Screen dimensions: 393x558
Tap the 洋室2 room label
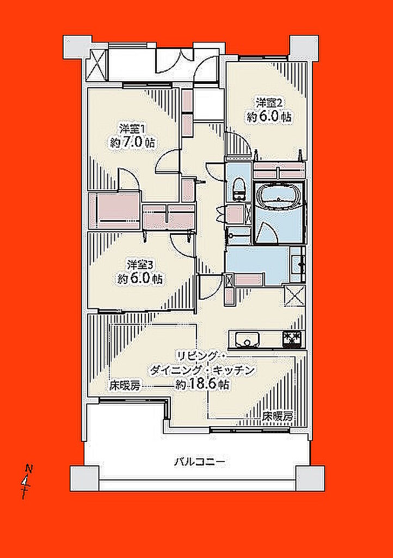[x=269, y=103]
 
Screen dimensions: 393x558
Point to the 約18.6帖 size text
[x=202, y=384]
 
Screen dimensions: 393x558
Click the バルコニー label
[x=199, y=462]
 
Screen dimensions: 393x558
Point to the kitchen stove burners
[x=293, y=338]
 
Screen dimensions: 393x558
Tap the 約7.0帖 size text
[x=132, y=142]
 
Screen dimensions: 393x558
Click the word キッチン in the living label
[x=234, y=371]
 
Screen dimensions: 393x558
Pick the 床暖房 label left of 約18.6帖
[x=125, y=386]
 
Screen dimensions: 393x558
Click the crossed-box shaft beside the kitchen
[x=296, y=295]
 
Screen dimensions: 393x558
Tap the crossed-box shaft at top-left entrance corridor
[x=97, y=65]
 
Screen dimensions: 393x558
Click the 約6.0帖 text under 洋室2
[x=269, y=117]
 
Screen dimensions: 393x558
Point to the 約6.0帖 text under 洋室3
[x=140, y=278]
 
